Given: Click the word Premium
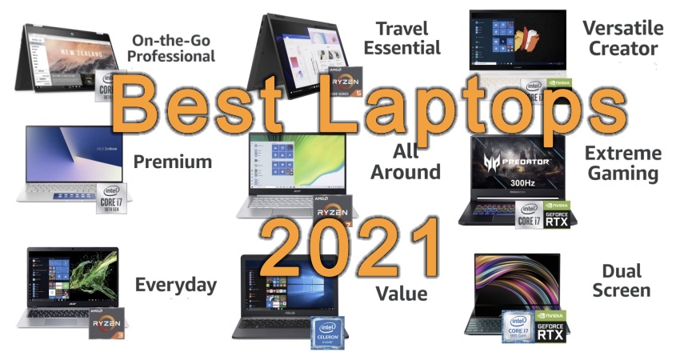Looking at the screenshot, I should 173,162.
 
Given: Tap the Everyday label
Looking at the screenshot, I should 175,285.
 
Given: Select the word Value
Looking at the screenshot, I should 401,293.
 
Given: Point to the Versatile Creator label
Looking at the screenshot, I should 622,38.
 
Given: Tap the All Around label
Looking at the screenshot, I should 417,162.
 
